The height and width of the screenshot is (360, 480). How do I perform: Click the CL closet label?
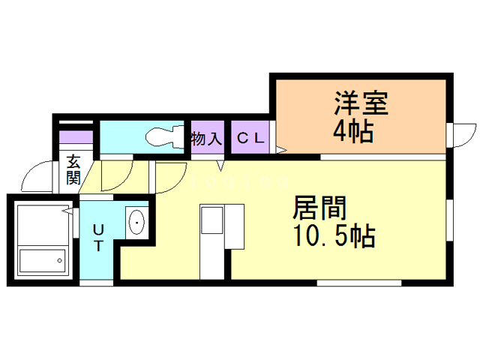250,139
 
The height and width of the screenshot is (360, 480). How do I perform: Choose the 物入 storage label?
207,139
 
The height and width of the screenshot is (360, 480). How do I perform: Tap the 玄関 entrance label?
73,169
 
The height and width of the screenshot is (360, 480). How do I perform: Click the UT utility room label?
98,237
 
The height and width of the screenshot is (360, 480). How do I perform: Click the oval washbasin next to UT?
137,222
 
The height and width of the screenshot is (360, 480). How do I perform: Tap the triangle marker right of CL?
281,149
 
